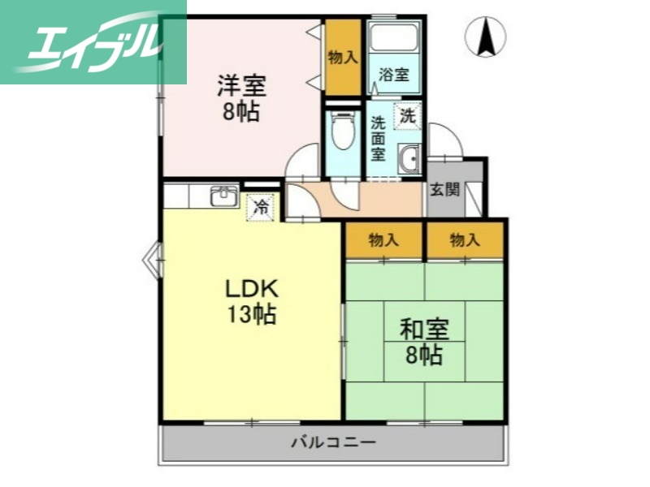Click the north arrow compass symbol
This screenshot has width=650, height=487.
click(x=485, y=37)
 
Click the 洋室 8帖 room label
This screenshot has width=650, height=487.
click(x=241, y=98)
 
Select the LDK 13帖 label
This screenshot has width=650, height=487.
click(x=252, y=300)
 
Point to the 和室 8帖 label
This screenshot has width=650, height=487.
click(x=424, y=342)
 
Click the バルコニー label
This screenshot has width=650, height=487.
click(x=333, y=443)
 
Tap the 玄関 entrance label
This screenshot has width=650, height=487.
click(x=444, y=190)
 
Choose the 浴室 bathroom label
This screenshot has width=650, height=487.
click(x=394, y=75)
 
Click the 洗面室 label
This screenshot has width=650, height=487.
click(x=379, y=138)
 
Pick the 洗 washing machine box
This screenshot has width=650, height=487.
click(x=407, y=116)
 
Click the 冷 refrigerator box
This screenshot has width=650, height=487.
click(x=261, y=207)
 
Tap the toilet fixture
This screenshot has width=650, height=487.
click(x=343, y=130)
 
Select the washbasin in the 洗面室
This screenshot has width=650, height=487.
click(x=409, y=158)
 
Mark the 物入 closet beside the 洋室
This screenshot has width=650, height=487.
click(x=343, y=57)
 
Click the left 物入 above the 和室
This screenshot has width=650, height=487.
click(x=383, y=240)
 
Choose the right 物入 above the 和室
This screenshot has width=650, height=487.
click(x=465, y=240)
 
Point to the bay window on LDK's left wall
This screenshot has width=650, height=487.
click(x=152, y=261)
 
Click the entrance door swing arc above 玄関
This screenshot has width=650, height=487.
click(x=445, y=138)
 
